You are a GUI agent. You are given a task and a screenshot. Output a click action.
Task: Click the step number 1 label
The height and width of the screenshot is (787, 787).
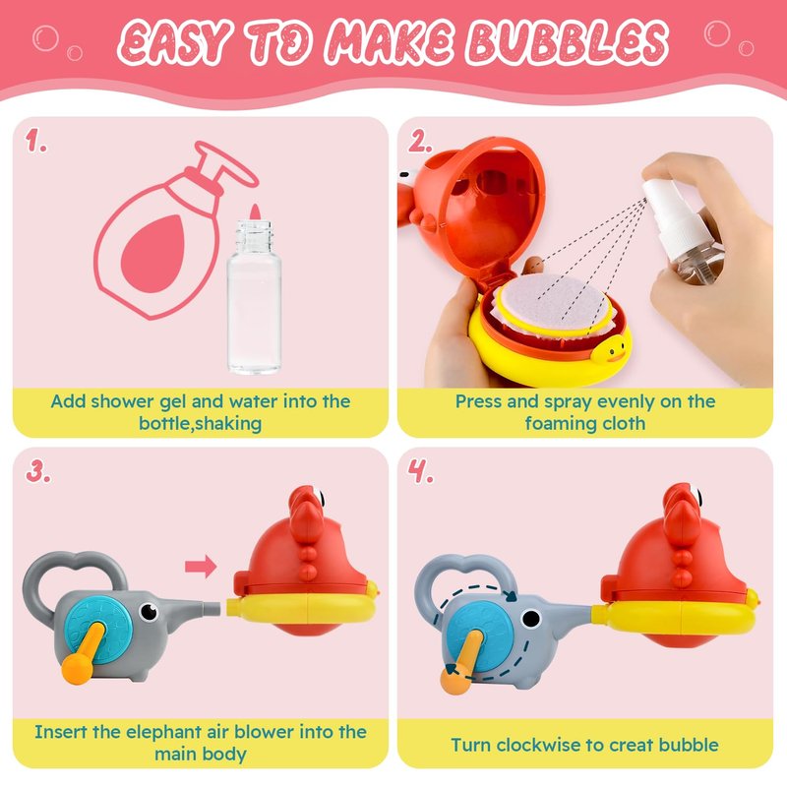click(x=36, y=140)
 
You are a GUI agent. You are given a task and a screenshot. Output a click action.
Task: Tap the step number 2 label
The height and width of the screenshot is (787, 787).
click(x=420, y=141)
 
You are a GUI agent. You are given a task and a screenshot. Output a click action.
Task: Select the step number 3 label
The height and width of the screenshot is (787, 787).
click(x=38, y=471)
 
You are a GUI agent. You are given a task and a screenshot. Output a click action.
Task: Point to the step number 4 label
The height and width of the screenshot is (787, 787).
click(x=420, y=471)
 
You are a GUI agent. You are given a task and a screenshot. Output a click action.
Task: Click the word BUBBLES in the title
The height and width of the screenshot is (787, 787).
click(x=568, y=42)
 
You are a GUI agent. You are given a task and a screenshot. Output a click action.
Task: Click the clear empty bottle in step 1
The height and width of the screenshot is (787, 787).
click(x=254, y=297)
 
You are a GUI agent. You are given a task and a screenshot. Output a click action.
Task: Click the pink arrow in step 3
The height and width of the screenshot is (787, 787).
click(x=201, y=567)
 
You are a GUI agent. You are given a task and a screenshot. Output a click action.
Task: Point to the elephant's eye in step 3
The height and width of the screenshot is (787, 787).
click(x=149, y=611)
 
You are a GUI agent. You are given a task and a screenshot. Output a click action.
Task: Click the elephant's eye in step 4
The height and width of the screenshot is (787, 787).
click(x=531, y=619)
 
